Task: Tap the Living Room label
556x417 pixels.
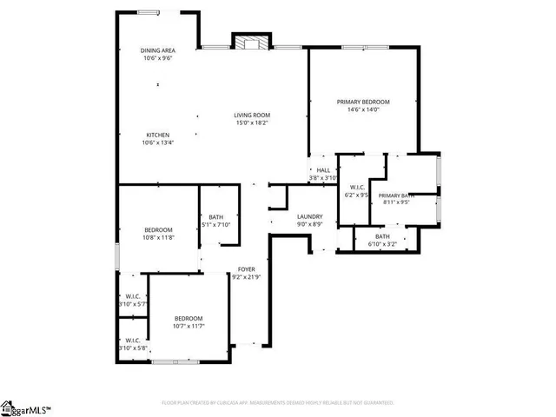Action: [251, 115]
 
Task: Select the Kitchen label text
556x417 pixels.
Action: [157, 135]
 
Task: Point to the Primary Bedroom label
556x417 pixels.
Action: [363, 102]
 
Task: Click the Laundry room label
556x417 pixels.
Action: [310, 216]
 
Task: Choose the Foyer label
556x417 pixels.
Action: [247, 269]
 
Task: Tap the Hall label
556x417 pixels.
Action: [323, 170]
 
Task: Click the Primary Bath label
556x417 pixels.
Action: [395, 195]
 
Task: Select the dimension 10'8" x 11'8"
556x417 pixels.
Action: [158, 237]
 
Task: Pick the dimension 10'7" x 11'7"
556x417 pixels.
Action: [188, 326]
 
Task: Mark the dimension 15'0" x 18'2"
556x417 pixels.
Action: [251, 122]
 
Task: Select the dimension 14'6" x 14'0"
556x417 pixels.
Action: [363, 109]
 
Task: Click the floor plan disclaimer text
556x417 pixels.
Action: [278, 403]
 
